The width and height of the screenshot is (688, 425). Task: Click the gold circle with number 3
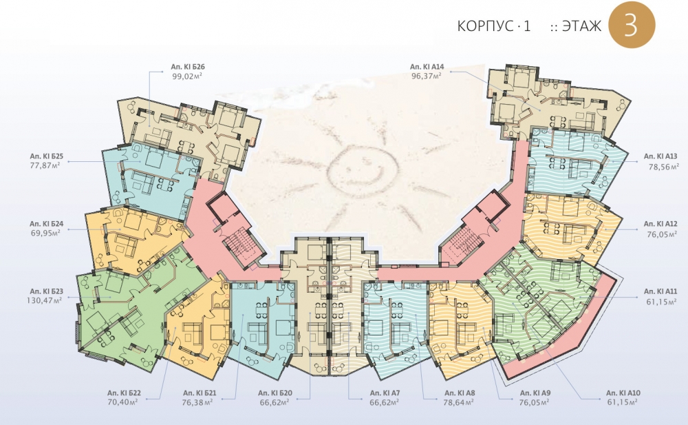[632, 25]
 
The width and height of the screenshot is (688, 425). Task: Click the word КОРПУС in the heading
[484, 26]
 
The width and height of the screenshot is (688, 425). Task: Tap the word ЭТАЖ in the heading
[582, 26]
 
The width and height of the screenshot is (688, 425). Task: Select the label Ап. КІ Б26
[188, 68]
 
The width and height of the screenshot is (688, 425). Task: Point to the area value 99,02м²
[187, 76]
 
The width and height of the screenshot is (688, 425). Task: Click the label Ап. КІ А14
[427, 67]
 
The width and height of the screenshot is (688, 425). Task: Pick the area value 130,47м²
[44, 300]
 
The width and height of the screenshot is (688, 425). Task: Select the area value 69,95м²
[45, 233]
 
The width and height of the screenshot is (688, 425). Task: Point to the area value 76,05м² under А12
[662, 234]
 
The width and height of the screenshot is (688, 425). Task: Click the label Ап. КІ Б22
[124, 393]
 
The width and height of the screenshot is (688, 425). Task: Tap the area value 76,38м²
[197, 402]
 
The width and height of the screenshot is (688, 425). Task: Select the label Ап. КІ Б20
[275, 393]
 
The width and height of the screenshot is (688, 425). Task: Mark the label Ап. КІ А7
[385, 393]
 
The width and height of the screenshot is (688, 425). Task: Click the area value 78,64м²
[460, 402]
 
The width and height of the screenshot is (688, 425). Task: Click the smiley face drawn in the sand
[363, 169]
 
